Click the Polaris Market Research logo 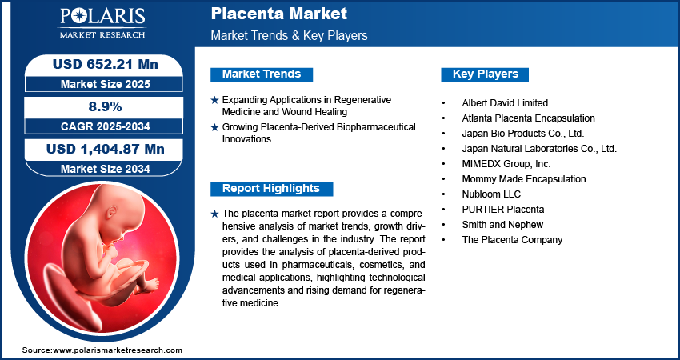click(x=102, y=22)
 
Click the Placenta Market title click(x=279, y=14)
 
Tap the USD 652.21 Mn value click(x=106, y=64)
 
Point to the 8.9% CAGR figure click(x=106, y=106)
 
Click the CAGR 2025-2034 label click(x=106, y=126)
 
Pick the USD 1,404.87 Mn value click(x=106, y=150)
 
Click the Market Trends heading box click(x=262, y=74)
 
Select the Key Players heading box click(x=485, y=74)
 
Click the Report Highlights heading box click(x=271, y=189)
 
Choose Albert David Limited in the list click(x=505, y=103)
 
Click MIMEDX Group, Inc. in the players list click(x=506, y=164)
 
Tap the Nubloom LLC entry click(x=491, y=194)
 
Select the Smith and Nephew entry click(x=502, y=224)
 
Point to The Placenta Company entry click(x=512, y=239)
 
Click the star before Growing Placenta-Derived click(x=214, y=127)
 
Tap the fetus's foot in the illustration click(x=150, y=284)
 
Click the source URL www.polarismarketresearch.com click(x=118, y=350)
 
